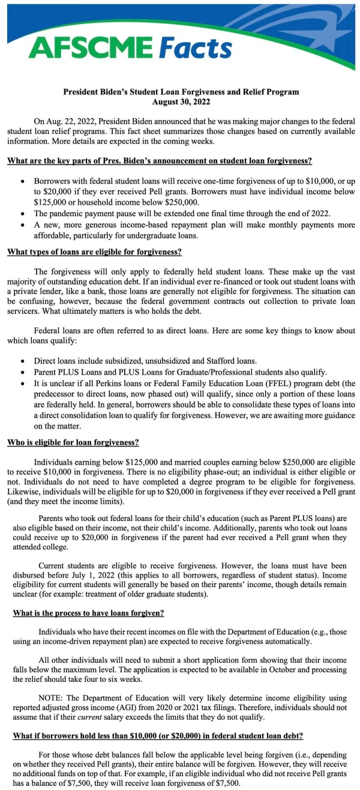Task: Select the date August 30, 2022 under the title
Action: point(181,102)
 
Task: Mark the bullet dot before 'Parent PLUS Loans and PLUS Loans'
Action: point(22,372)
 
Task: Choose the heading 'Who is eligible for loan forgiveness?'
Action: point(73,443)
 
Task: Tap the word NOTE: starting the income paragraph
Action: point(53,699)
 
